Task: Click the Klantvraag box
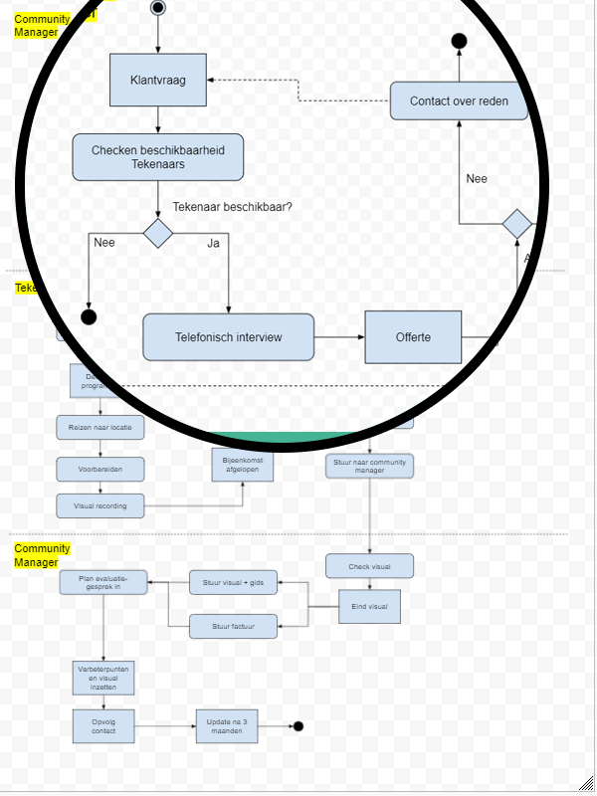[157, 81]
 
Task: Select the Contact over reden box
[459, 101]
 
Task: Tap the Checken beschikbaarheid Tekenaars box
[157, 157]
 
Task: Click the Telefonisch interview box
[228, 337]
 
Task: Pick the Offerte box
[413, 337]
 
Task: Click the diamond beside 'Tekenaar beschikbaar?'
[157, 233]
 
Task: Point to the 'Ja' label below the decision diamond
[213, 243]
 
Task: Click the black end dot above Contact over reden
[459, 41]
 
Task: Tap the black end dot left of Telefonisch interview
[89, 317]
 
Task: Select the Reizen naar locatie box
[99, 428]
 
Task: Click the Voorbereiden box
[99, 469]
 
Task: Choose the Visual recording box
[99, 505]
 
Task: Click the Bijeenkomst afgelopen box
[242, 465]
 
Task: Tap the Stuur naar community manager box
[369, 466]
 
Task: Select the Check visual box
[369, 566]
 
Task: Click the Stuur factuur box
[233, 627]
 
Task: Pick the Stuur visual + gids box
[233, 583]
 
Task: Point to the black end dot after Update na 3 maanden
[298, 726]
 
